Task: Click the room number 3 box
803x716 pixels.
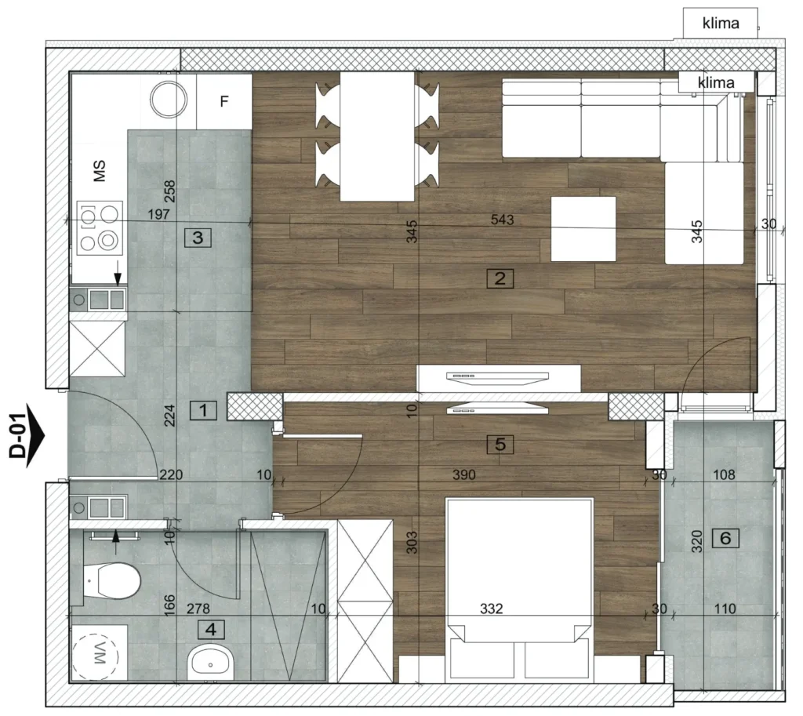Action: coord(198,238)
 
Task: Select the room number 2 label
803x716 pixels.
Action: coord(500,278)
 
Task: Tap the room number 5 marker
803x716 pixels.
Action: coord(500,445)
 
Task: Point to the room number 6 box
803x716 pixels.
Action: coord(725,538)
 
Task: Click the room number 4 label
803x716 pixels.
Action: coord(211,630)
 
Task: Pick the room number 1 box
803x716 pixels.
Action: coord(203,410)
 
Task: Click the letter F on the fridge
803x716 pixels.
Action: coord(224,101)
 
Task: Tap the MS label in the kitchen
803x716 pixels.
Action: coord(100,170)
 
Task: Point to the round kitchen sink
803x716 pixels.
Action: coord(169,100)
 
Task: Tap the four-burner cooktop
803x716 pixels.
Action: coord(100,228)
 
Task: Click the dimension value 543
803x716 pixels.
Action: coord(502,220)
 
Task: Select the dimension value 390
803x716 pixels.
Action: coord(464,474)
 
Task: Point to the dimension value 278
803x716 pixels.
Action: coord(198,609)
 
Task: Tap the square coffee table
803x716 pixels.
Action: coord(583,229)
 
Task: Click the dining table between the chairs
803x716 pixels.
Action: coord(377,136)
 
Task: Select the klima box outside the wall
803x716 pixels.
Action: coord(721,23)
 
